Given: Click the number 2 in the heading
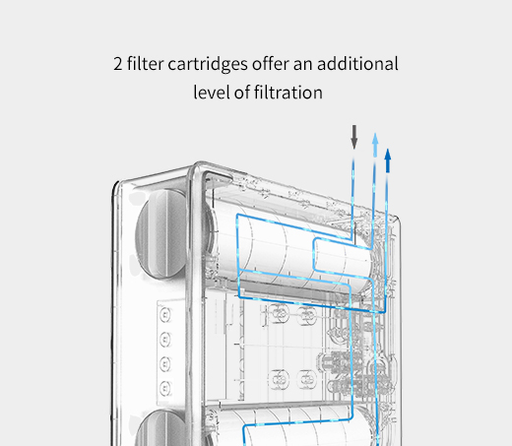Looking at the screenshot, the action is click(x=118, y=64).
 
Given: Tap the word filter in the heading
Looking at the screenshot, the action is click(x=145, y=63).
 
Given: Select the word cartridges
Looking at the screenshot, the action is click(x=208, y=65).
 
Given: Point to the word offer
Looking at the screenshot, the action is click(x=271, y=63).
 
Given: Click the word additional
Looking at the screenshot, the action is click(x=357, y=63).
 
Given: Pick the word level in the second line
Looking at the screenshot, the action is click(x=211, y=92).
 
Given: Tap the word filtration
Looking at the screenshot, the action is click(x=288, y=92).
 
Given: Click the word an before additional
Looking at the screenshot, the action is click(x=302, y=65).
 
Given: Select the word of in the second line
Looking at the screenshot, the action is click(x=241, y=92).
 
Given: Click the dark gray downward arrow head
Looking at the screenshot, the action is click(x=354, y=143).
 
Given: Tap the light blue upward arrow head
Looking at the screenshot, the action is click(x=375, y=139).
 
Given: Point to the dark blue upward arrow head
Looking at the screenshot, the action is click(x=388, y=155).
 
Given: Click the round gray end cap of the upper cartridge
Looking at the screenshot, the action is click(x=161, y=233).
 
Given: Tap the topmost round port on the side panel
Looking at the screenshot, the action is click(x=165, y=315).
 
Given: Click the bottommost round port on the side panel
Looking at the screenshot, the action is click(x=165, y=388).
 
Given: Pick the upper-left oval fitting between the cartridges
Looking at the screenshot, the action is click(x=279, y=314).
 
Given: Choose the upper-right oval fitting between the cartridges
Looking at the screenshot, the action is click(x=307, y=315).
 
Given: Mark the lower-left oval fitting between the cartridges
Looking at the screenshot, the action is click(x=279, y=379).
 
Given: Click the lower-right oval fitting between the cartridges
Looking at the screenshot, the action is click(x=307, y=379).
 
